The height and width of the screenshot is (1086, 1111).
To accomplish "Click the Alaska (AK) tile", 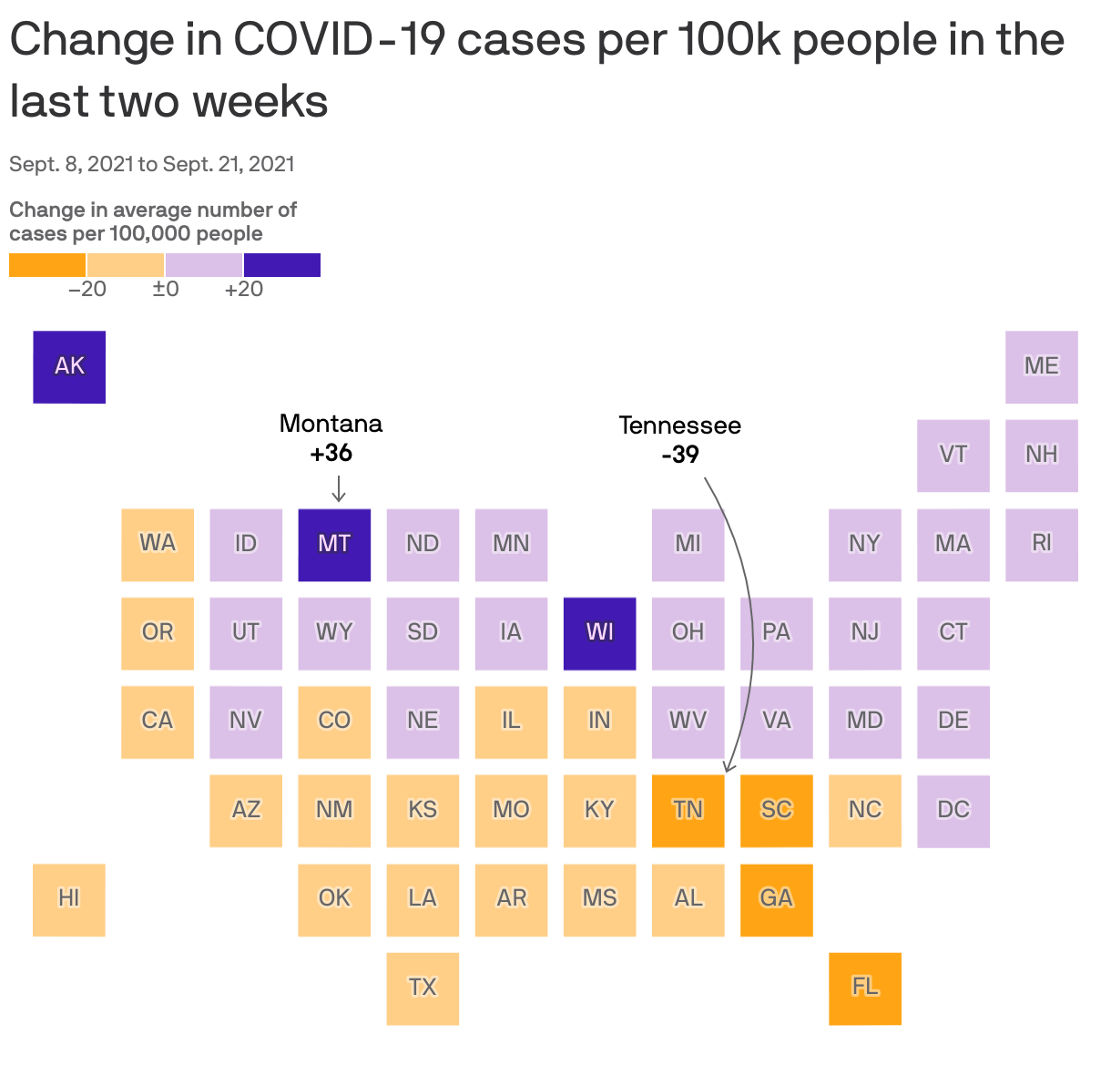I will (69, 366).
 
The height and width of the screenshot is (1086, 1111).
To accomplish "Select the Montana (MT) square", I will (334, 544).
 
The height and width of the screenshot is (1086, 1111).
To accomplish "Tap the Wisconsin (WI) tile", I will (599, 633).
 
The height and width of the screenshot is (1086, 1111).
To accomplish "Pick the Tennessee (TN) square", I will (688, 810).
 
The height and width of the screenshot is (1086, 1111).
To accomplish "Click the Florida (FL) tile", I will (864, 988).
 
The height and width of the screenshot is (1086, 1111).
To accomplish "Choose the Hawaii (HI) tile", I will (69, 899).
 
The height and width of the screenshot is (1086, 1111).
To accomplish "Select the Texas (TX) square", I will (423, 988).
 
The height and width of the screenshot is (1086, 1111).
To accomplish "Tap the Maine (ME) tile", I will (1041, 366).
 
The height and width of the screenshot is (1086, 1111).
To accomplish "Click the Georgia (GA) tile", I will (776, 899).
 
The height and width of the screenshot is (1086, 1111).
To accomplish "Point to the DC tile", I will (953, 810).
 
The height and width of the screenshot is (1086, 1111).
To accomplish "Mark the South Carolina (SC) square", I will (776, 810).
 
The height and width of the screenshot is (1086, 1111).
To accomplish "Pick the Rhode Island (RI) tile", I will (1041, 544).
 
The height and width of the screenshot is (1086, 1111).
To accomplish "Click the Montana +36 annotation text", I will (331, 438).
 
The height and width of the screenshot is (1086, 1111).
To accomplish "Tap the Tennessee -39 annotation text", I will (679, 440).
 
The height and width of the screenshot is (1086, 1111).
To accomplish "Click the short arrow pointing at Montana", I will (339, 489).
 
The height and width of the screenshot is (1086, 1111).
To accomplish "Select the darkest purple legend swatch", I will (281, 265).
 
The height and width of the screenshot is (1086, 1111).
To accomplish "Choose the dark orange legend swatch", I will (47, 265).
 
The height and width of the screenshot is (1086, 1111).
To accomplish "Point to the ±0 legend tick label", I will (165, 290).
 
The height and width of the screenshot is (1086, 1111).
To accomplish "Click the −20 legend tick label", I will (87, 290).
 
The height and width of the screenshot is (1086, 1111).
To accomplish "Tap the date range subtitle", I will (152, 164).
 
